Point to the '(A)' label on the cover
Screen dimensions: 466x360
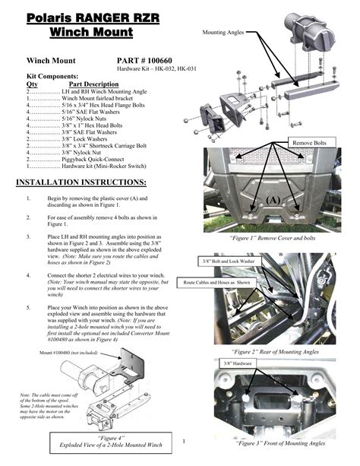click(271, 200)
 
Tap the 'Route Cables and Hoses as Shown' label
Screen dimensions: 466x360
click(216, 281)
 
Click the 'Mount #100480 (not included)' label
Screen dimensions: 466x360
click(70, 353)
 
